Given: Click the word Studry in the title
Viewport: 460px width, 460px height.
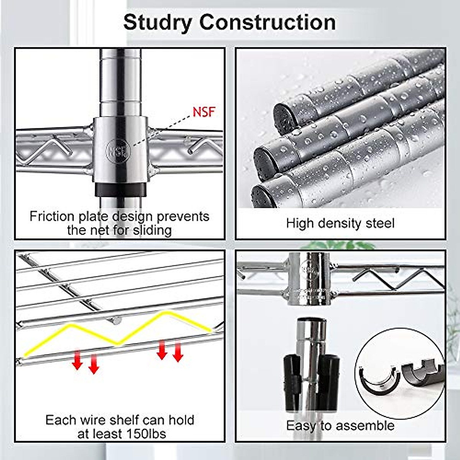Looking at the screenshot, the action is click(x=158, y=23).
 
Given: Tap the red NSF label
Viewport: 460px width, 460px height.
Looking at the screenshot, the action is click(x=204, y=112).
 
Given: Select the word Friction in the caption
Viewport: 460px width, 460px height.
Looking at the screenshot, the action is click(x=52, y=216).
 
